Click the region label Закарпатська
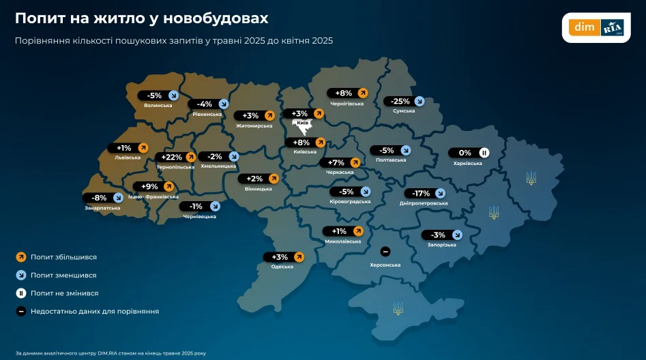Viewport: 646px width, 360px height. (102, 208)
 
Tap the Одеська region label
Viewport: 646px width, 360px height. (282, 267)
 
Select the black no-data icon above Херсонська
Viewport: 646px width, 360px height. (385, 252)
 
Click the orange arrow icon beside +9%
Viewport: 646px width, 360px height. (168, 186)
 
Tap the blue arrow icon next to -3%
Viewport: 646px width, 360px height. (457, 235)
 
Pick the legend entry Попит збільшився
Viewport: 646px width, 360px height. (63, 257)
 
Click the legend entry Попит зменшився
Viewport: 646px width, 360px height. (63, 275)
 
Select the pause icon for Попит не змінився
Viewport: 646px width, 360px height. (21, 293)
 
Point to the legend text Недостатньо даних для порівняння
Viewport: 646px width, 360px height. (94, 311)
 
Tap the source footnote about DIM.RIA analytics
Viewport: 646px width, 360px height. (110, 353)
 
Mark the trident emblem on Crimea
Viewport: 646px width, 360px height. (398, 309)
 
